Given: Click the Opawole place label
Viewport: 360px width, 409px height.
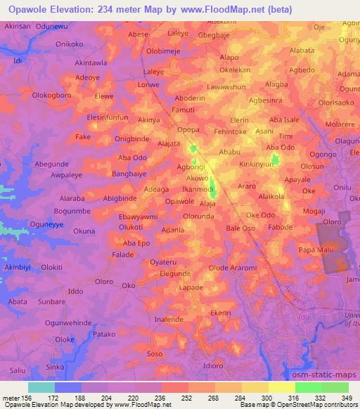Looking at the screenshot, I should [179, 202].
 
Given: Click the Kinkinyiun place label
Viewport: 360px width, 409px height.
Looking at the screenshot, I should [260, 163].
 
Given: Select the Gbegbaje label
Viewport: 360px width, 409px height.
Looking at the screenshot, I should [214, 34].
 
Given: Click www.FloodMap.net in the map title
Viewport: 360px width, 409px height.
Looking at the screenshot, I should [221, 9].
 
